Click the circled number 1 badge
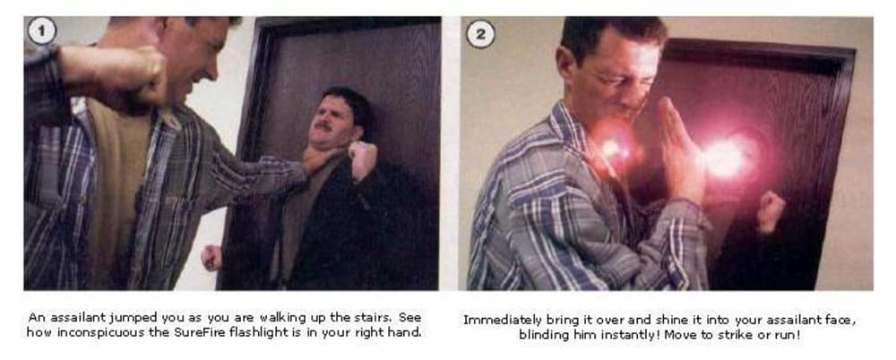[42, 30]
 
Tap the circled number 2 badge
[480, 34]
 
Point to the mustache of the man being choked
[324, 126]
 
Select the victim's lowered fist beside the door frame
[211, 258]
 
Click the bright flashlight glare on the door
[727, 158]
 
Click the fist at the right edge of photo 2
[771, 212]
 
